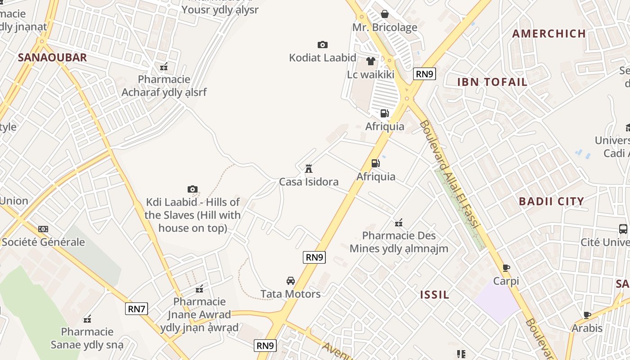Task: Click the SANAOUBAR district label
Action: click(52, 58)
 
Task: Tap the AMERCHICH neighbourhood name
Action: click(549, 34)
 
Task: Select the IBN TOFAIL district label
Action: click(492, 82)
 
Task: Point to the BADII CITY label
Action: click(551, 201)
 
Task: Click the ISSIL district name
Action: click(434, 295)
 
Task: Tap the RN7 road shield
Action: click(136, 309)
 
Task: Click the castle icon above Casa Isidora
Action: click(309, 169)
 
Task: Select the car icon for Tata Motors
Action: click(291, 281)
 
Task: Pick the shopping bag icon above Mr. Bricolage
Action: click(385, 14)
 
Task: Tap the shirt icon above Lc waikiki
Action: click(371, 61)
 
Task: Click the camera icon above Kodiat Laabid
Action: click(323, 45)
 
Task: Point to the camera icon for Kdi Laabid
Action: click(193, 189)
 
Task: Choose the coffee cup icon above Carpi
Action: click(506, 268)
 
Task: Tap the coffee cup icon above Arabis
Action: click(587, 315)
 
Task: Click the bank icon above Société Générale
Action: click(43, 229)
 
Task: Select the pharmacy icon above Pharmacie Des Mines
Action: click(399, 222)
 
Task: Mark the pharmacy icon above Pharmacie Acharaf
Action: click(164, 67)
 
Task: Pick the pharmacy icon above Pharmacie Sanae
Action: click(87, 319)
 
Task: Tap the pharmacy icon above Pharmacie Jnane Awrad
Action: click(199, 288)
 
